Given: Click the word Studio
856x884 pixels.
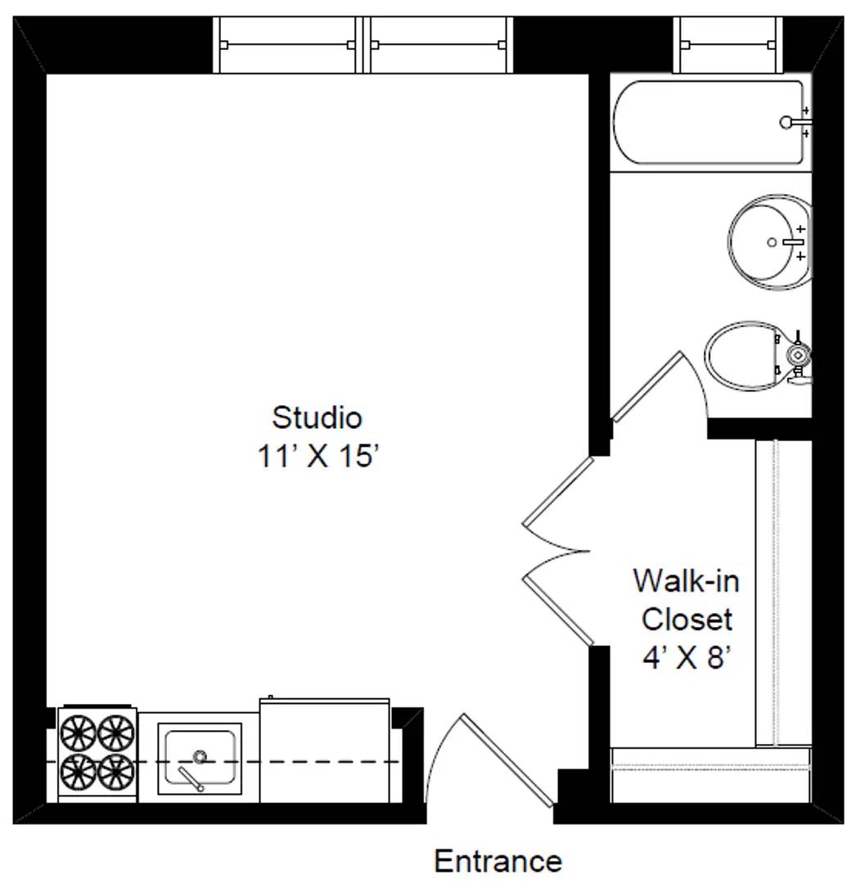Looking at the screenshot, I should (317, 417).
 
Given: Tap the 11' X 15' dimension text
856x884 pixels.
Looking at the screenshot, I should (317, 456).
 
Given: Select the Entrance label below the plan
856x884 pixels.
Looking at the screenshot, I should (498, 861).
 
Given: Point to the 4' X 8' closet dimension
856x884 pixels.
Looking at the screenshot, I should (686, 657).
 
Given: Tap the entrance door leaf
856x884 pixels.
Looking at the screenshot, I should (508, 758).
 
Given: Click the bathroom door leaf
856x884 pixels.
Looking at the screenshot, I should (647, 387).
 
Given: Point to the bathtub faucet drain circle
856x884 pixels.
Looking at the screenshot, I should (786, 122).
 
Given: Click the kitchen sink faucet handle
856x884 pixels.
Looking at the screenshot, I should (191, 779).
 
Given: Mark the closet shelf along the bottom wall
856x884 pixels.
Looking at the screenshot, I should (710, 774).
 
